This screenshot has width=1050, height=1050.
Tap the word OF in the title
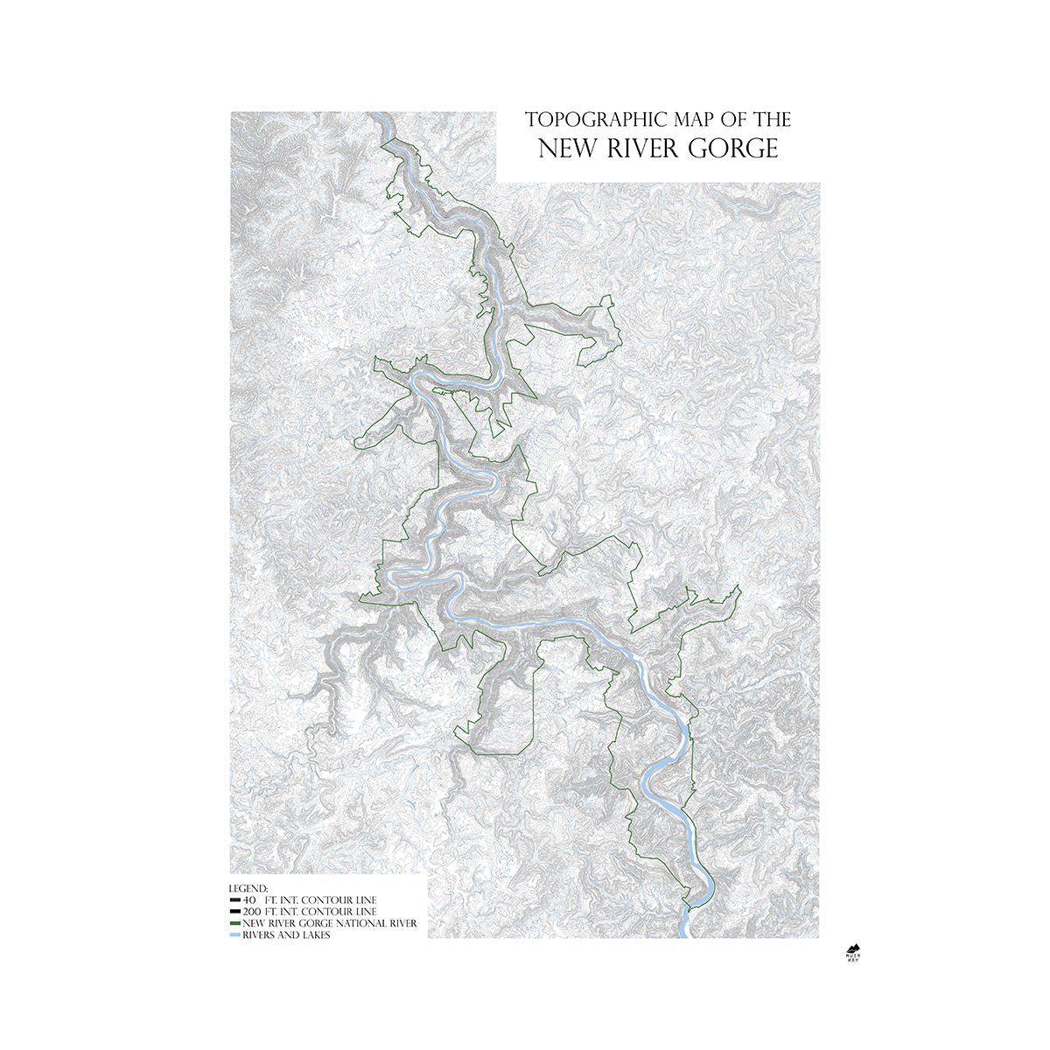[x=723, y=120]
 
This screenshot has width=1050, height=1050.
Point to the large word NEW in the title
[x=566, y=149]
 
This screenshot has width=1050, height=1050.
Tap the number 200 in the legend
[x=252, y=912]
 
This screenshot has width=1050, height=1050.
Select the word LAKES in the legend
[x=315, y=934]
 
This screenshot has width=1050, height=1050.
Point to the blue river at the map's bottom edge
[x=683, y=929]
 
